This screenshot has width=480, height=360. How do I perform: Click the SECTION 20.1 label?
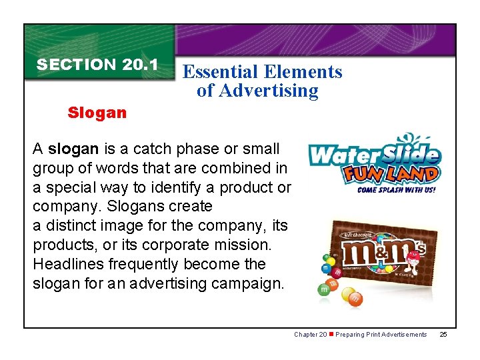click(97, 65)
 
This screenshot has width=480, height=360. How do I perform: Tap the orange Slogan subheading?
click(97, 113)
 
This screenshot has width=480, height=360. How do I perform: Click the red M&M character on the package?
click(413, 257)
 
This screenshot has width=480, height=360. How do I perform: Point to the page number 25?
click(444, 335)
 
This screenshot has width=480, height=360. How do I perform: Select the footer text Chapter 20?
click(310, 335)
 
